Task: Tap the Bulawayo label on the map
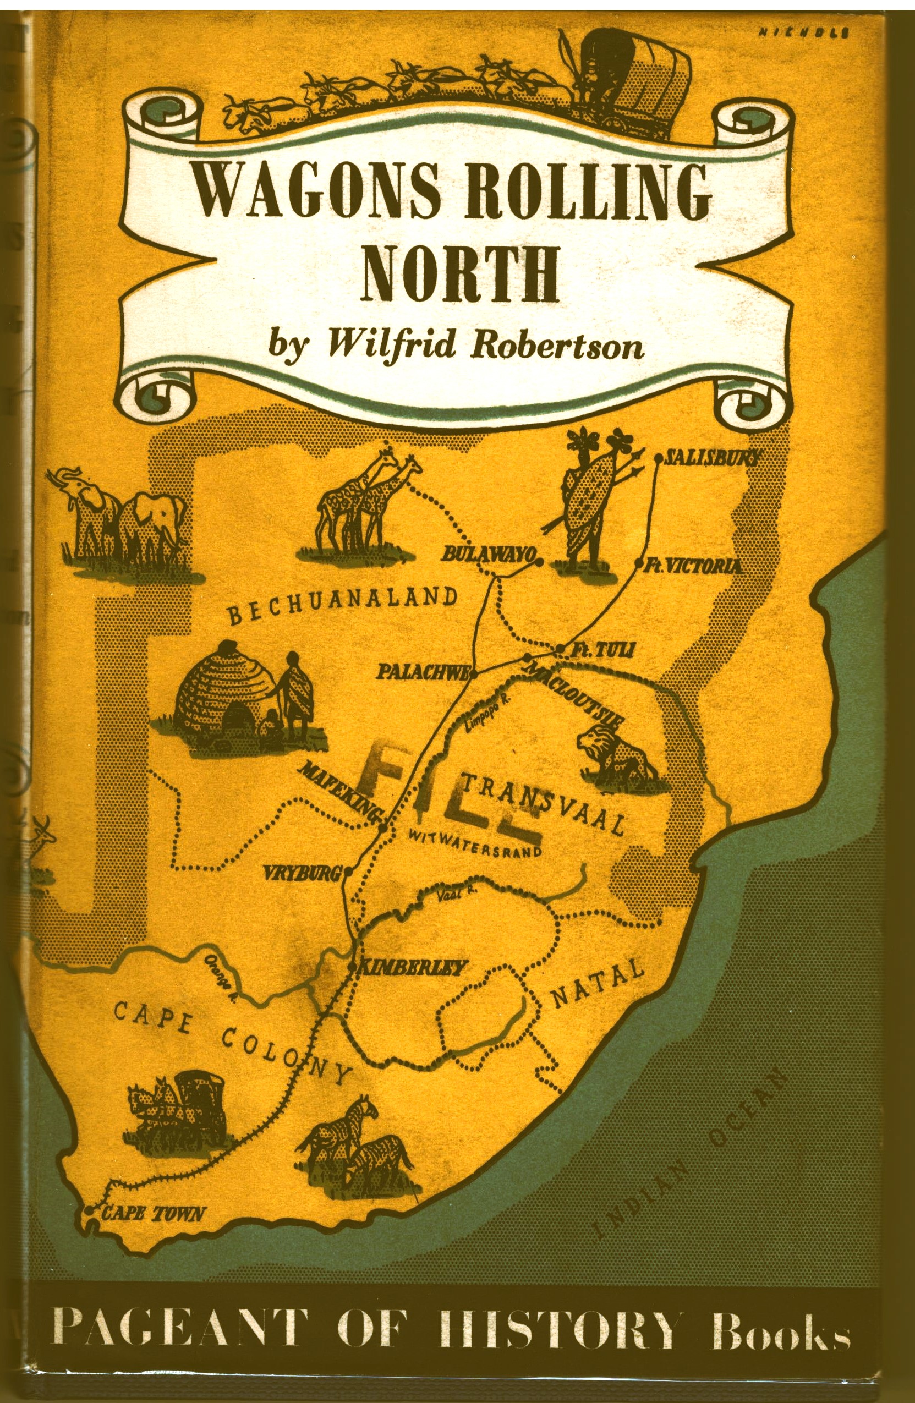pos(487,554)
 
